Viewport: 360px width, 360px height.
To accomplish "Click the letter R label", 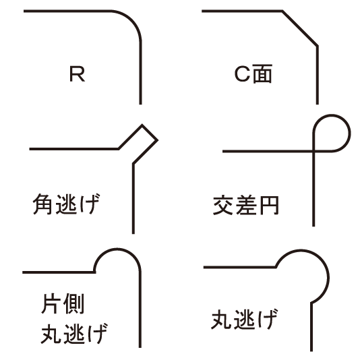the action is (x=77, y=74).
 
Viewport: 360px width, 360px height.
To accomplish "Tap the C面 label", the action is (x=253, y=73).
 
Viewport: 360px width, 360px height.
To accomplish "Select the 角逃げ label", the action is (x=67, y=204).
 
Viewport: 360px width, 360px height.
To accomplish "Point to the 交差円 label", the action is (x=246, y=205).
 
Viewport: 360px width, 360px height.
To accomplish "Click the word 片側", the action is (x=63, y=303).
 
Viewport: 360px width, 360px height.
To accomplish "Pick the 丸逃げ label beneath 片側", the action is (x=74, y=333).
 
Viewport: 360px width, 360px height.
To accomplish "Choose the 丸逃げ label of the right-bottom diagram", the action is (x=244, y=320).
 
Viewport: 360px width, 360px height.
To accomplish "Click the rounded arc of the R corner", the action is (x=131, y=20).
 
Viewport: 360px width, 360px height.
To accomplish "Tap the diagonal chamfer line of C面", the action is (x=300, y=28).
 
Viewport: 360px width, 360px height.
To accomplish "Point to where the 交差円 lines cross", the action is (x=313, y=151).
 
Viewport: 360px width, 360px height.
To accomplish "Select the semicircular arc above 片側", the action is (x=117, y=249).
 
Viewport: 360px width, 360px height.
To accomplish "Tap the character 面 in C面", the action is (x=262, y=73).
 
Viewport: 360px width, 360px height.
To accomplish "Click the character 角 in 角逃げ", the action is (x=42, y=204).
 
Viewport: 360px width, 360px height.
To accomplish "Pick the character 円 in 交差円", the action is (x=269, y=205).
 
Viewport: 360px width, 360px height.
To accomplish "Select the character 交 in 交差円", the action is (x=223, y=205).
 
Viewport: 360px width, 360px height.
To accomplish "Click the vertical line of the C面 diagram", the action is (x=318, y=75).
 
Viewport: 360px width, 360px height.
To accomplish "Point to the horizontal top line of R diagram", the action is (x=67, y=11).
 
